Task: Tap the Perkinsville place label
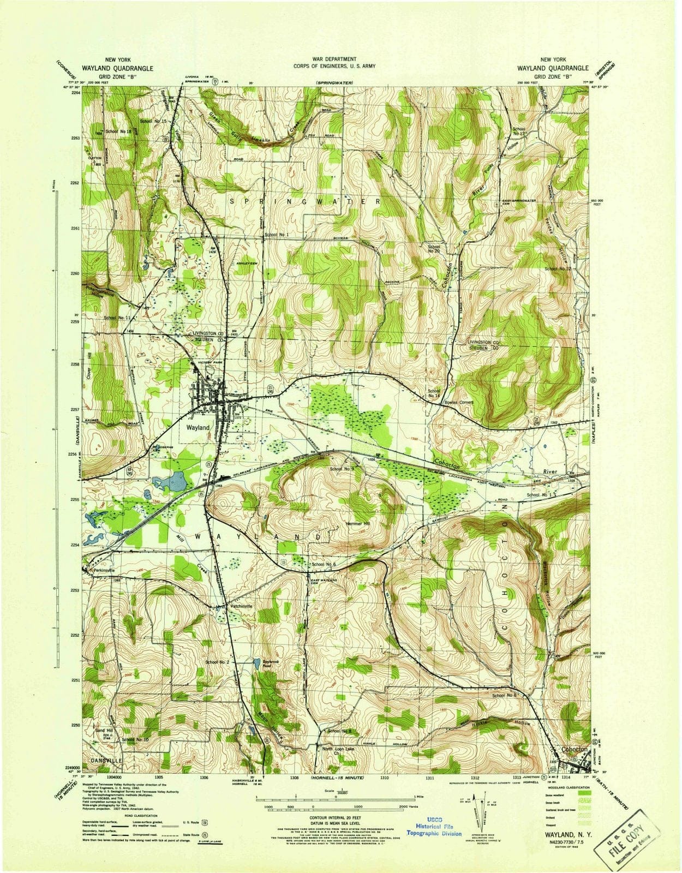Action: coord(106,570)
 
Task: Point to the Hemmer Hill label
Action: coord(358,523)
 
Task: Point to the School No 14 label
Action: coord(434,393)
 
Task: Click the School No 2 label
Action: coord(217,662)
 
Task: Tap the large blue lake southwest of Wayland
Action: coord(173,482)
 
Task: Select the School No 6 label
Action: coord(323,564)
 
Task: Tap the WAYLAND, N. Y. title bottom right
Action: coord(561,834)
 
